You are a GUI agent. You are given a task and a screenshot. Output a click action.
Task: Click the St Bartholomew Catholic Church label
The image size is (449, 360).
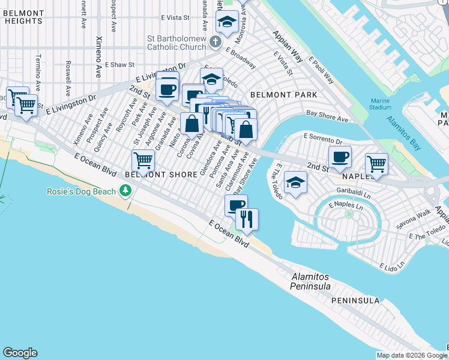176,43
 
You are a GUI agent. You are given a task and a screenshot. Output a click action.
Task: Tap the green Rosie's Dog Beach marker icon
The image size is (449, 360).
125,191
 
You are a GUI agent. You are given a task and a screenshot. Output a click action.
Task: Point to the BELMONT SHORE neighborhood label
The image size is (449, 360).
161,175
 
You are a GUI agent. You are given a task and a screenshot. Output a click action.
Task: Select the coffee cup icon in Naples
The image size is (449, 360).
340,157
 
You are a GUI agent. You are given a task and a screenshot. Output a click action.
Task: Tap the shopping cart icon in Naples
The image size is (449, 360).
376,163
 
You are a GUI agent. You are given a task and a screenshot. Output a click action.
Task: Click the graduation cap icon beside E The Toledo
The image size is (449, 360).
295,182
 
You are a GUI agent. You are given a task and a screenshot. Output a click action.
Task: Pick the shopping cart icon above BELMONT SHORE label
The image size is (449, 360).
143,160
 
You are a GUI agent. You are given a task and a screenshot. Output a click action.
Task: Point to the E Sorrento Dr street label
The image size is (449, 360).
322,139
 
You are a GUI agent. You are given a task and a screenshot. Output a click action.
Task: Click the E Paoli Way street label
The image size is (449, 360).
321,70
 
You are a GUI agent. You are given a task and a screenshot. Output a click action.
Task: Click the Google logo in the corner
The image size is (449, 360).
20,353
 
